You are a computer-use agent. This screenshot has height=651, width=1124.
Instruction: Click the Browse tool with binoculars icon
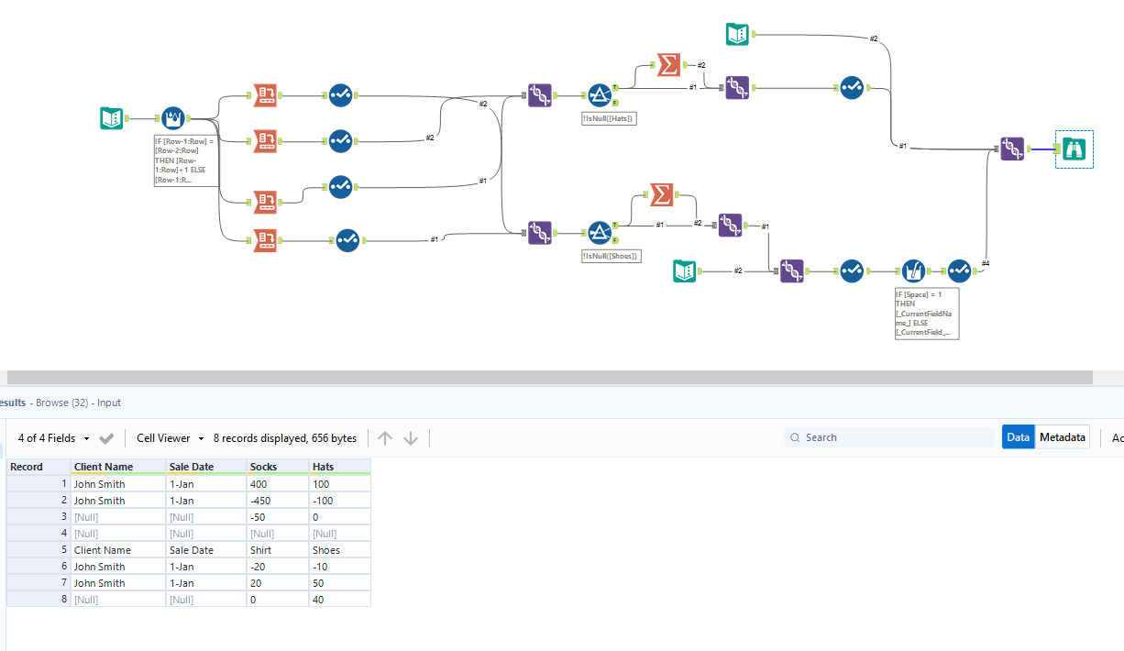[1074, 149]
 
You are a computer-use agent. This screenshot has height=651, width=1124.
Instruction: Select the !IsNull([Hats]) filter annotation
[609, 118]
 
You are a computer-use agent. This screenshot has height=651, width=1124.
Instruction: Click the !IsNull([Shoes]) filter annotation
[611, 256]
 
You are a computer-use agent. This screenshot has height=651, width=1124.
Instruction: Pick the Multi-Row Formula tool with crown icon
[173, 118]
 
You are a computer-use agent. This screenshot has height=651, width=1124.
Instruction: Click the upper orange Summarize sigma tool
[669, 65]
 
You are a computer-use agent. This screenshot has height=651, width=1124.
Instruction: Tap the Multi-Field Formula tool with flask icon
[912, 270]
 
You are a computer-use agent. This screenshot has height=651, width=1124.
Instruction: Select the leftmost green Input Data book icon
[111, 118]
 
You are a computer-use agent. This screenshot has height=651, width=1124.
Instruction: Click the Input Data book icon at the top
[737, 35]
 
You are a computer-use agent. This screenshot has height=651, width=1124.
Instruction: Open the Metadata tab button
[1063, 437]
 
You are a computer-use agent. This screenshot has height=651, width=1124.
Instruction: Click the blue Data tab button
[1018, 437]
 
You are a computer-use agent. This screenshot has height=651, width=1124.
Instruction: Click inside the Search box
[889, 437]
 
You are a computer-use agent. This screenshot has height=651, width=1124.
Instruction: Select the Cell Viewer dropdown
[169, 438]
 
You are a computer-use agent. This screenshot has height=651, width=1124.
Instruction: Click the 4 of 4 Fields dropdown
[53, 438]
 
